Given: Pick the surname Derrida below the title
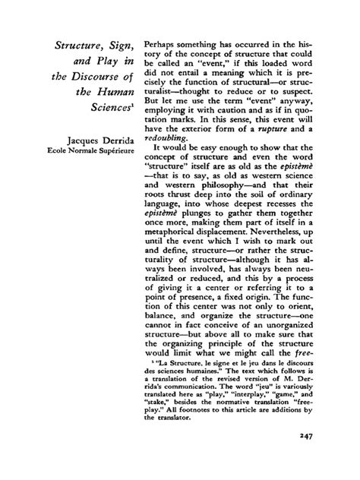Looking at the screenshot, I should pyautogui.click(x=109, y=140).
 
